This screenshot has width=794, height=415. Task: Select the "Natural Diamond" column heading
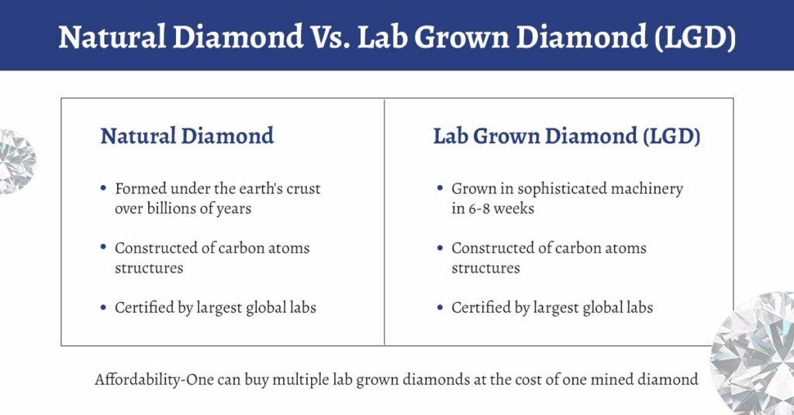pyautogui.click(x=187, y=136)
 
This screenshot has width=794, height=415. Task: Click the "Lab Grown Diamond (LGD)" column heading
pyautogui.click(x=567, y=136)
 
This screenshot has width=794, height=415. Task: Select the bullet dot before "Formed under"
pyautogui.click(x=104, y=188)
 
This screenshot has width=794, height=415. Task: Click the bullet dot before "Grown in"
pyautogui.click(x=440, y=188)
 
